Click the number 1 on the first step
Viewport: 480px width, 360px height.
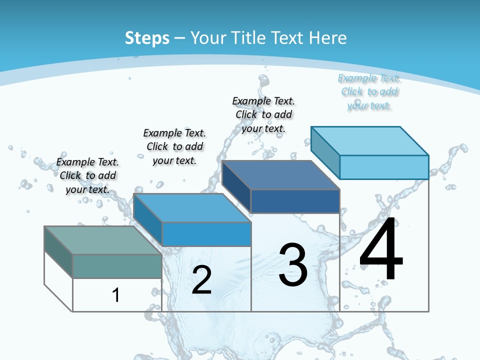tap(116, 295)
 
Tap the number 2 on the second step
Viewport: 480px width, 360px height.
tap(201, 280)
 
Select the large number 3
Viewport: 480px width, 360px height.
tap(292, 265)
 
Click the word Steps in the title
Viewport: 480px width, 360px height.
tap(147, 38)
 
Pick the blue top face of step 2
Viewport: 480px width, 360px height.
tap(192, 207)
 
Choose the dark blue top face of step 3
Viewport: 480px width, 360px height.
tap(280, 175)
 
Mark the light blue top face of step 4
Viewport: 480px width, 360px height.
tap(369, 140)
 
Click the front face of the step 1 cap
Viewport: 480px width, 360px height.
tap(117, 266)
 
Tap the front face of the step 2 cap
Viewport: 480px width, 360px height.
tap(206, 234)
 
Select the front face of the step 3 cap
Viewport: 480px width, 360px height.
tap(295, 201)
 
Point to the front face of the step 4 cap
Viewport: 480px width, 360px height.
tap(384, 167)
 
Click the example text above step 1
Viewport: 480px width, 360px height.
tap(88, 175)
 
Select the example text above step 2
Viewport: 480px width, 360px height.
tap(174, 146)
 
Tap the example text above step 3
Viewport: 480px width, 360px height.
tap(263, 114)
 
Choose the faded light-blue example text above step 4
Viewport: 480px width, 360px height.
tap(369, 91)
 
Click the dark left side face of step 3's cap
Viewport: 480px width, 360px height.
tap(236, 186)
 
